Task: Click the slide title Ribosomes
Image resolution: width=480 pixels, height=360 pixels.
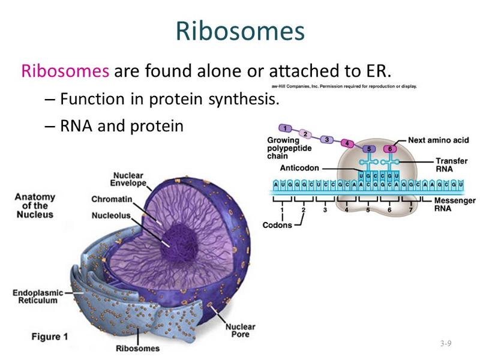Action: pyautogui.click(x=240, y=31)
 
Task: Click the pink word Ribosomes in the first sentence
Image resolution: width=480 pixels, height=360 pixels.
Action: pyautogui.click(x=65, y=71)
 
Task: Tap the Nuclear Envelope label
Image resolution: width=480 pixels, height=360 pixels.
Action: pyautogui.click(x=130, y=179)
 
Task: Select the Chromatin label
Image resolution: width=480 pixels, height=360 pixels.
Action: pyautogui.click(x=112, y=199)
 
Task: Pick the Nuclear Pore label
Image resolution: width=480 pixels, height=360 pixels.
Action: pyautogui.click(x=241, y=331)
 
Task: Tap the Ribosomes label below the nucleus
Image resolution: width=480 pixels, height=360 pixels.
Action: pyautogui.click(x=137, y=348)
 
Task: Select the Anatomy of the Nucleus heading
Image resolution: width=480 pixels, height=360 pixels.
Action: pyautogui.click(x=34, y=205)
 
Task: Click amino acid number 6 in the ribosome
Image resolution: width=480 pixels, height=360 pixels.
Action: pyautogui.click(x=390, y=149)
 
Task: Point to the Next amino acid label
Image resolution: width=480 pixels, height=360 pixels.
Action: pyautogui.click(x=438, y=140)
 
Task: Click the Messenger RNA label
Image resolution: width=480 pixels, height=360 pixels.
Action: pyautogui.click(x=454, y=205)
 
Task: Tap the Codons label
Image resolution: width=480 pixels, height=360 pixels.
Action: pyautogui.click(x=278, y=225)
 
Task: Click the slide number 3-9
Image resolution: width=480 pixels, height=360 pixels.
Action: pyautogui.click(x=445, y=343)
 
